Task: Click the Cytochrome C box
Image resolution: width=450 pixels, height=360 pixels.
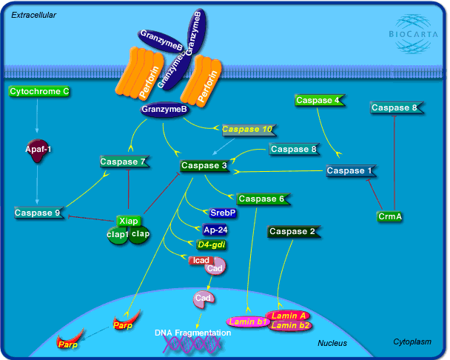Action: [39, 91]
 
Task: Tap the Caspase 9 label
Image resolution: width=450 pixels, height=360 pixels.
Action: [36, 213]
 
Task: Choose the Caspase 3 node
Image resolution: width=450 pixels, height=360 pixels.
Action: [204, 166]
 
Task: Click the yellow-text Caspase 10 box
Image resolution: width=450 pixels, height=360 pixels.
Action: [248, 130]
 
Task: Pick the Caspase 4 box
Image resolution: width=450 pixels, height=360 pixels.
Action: [318, 100]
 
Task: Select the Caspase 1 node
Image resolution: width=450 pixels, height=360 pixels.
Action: [346, 171]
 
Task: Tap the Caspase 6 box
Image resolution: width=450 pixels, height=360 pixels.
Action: [261, 199]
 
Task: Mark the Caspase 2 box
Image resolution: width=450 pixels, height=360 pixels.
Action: [292, 232]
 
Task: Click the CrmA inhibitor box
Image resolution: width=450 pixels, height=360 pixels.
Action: [389, 216]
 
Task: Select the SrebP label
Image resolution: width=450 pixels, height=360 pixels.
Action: [223, 213]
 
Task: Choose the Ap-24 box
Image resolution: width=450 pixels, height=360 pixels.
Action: [215, 229]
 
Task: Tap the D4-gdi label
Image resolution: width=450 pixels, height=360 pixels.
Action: [211, 244]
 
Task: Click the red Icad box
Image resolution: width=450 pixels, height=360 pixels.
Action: [200, 260]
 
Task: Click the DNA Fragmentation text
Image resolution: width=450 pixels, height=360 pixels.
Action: [192, 333]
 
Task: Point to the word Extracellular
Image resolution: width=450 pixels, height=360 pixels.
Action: [34, 14]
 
